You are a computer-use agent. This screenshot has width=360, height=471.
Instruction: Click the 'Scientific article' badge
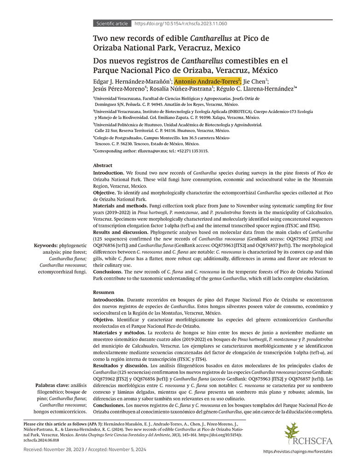coord(112,23)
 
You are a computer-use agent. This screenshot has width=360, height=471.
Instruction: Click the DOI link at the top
coord(180,23)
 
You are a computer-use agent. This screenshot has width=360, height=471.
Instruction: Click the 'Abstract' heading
coord(102,165)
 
